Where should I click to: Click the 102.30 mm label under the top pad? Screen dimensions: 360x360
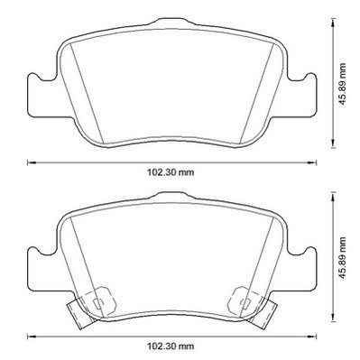tap(171, 172)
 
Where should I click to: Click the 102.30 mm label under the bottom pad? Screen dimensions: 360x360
tap(171, 346)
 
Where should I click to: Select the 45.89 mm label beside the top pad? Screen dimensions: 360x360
tap(342, 84)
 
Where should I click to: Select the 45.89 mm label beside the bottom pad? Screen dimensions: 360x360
tap(342, 258)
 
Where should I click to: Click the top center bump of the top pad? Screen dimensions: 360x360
tap(171, 22)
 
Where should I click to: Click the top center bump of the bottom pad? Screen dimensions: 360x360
tap(171, 196)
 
